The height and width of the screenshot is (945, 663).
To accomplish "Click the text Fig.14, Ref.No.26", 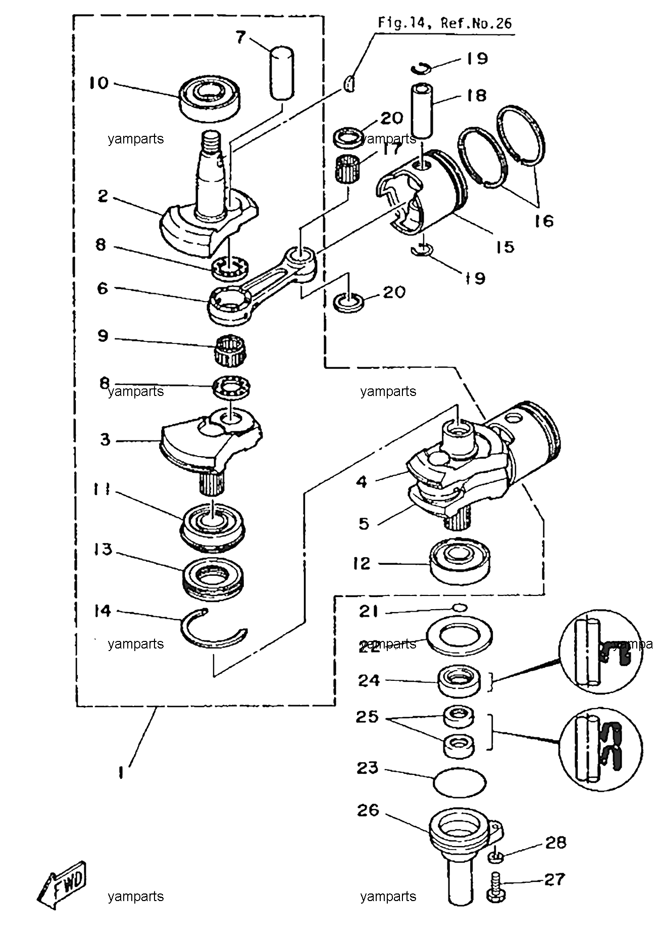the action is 445,23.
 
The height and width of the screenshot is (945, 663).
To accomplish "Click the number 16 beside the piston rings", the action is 543,221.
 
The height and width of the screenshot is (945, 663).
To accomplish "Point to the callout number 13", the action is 103,549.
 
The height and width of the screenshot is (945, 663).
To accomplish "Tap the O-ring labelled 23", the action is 460,782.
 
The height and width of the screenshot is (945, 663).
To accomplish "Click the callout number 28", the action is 555,843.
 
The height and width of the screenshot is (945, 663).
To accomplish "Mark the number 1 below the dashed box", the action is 121,772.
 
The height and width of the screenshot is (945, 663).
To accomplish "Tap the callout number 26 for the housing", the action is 368,811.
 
